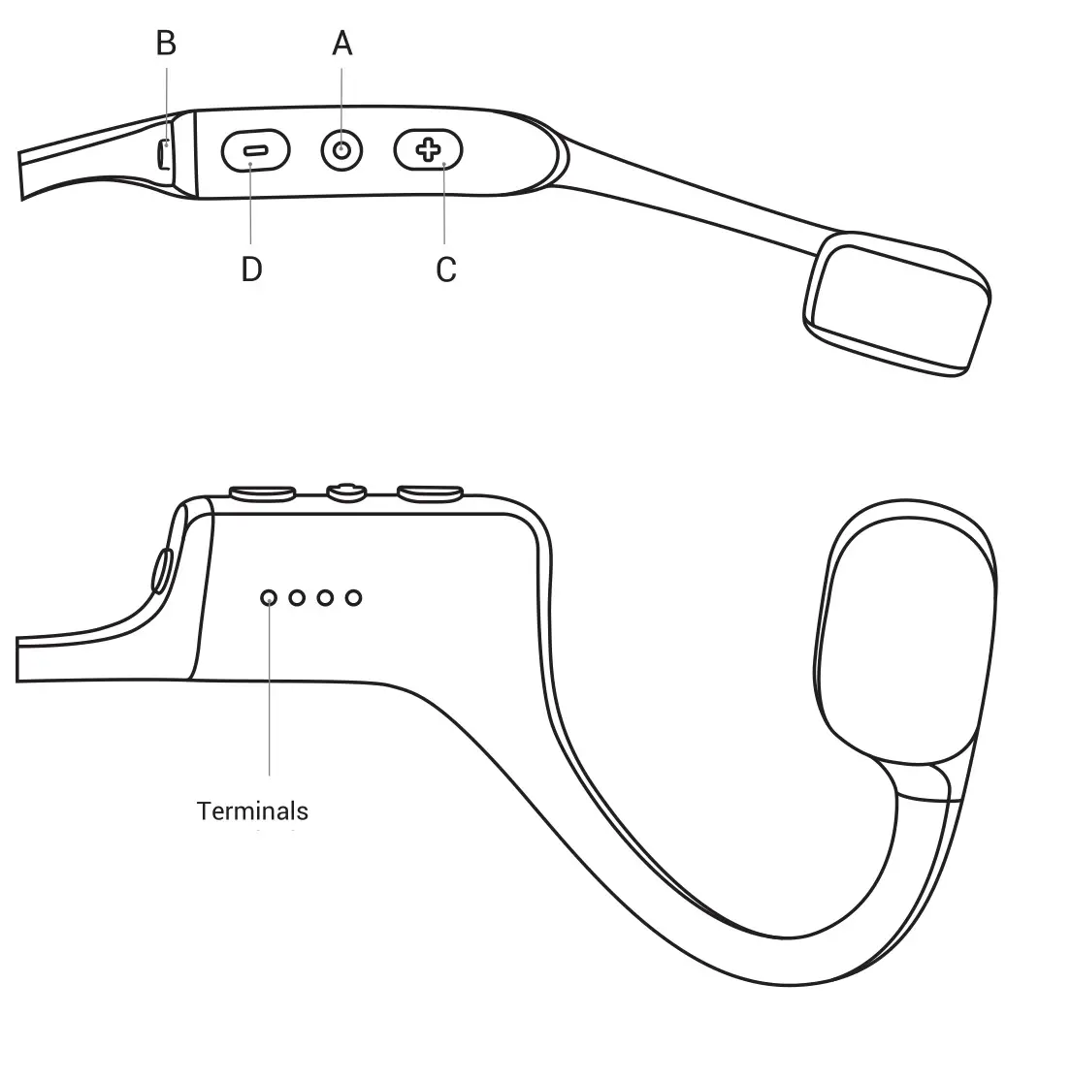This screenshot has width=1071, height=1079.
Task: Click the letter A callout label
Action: click(x=341, y=44)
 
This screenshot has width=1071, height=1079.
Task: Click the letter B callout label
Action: click(x=166, y=44)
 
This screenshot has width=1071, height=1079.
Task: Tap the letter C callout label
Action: click(x=445, y=270)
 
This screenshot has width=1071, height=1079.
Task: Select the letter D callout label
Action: click(x=251, y=270)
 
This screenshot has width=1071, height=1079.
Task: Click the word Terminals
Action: click(x=252, y=810)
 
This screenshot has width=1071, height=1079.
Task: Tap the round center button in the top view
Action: click(x=342, y=150)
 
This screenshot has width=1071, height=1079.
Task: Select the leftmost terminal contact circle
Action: click(x=269, y=598)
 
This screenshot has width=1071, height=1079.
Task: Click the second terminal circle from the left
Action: click(x=297, y=598)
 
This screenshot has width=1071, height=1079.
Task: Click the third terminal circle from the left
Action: click(x=325, y=598)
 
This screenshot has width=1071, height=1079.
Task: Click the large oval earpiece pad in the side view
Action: click(x=907, y=630)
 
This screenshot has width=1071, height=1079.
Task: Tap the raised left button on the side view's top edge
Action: click(x=262, y=494)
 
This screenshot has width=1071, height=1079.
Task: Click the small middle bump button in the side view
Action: click(x=346, y=492)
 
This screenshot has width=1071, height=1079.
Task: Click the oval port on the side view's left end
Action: click(x=161, y=569)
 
